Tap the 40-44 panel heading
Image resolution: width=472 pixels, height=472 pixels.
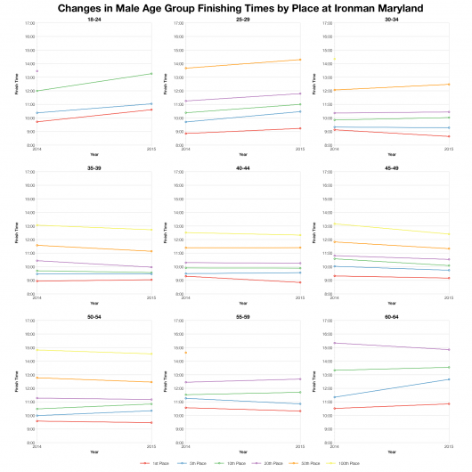[x=242, y=166]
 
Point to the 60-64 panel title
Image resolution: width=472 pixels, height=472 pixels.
[x=391, y=314]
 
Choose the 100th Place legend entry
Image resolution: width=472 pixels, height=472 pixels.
[x=346, y=464]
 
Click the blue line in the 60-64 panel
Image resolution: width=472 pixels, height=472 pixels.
[x=391, y=388]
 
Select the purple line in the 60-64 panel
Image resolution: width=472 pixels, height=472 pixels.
[x=391, y=346]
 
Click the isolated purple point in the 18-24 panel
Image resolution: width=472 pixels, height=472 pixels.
[x=37, y=70]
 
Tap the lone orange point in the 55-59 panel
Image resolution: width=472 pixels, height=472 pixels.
[x=185, y=353]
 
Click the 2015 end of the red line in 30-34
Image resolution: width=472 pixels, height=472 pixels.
[x=448, y=136]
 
